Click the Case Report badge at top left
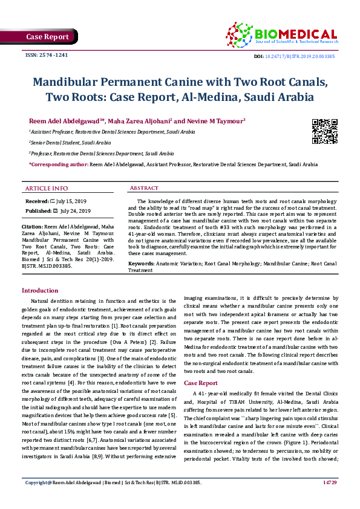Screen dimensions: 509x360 click(x=47, y=37)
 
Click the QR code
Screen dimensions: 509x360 click(x=324, y=131)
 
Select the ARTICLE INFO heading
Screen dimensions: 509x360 click(x=47, y=189)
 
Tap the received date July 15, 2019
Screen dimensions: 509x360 click(x=73, y=199)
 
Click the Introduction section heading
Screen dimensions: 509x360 click(x=40, y=291)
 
